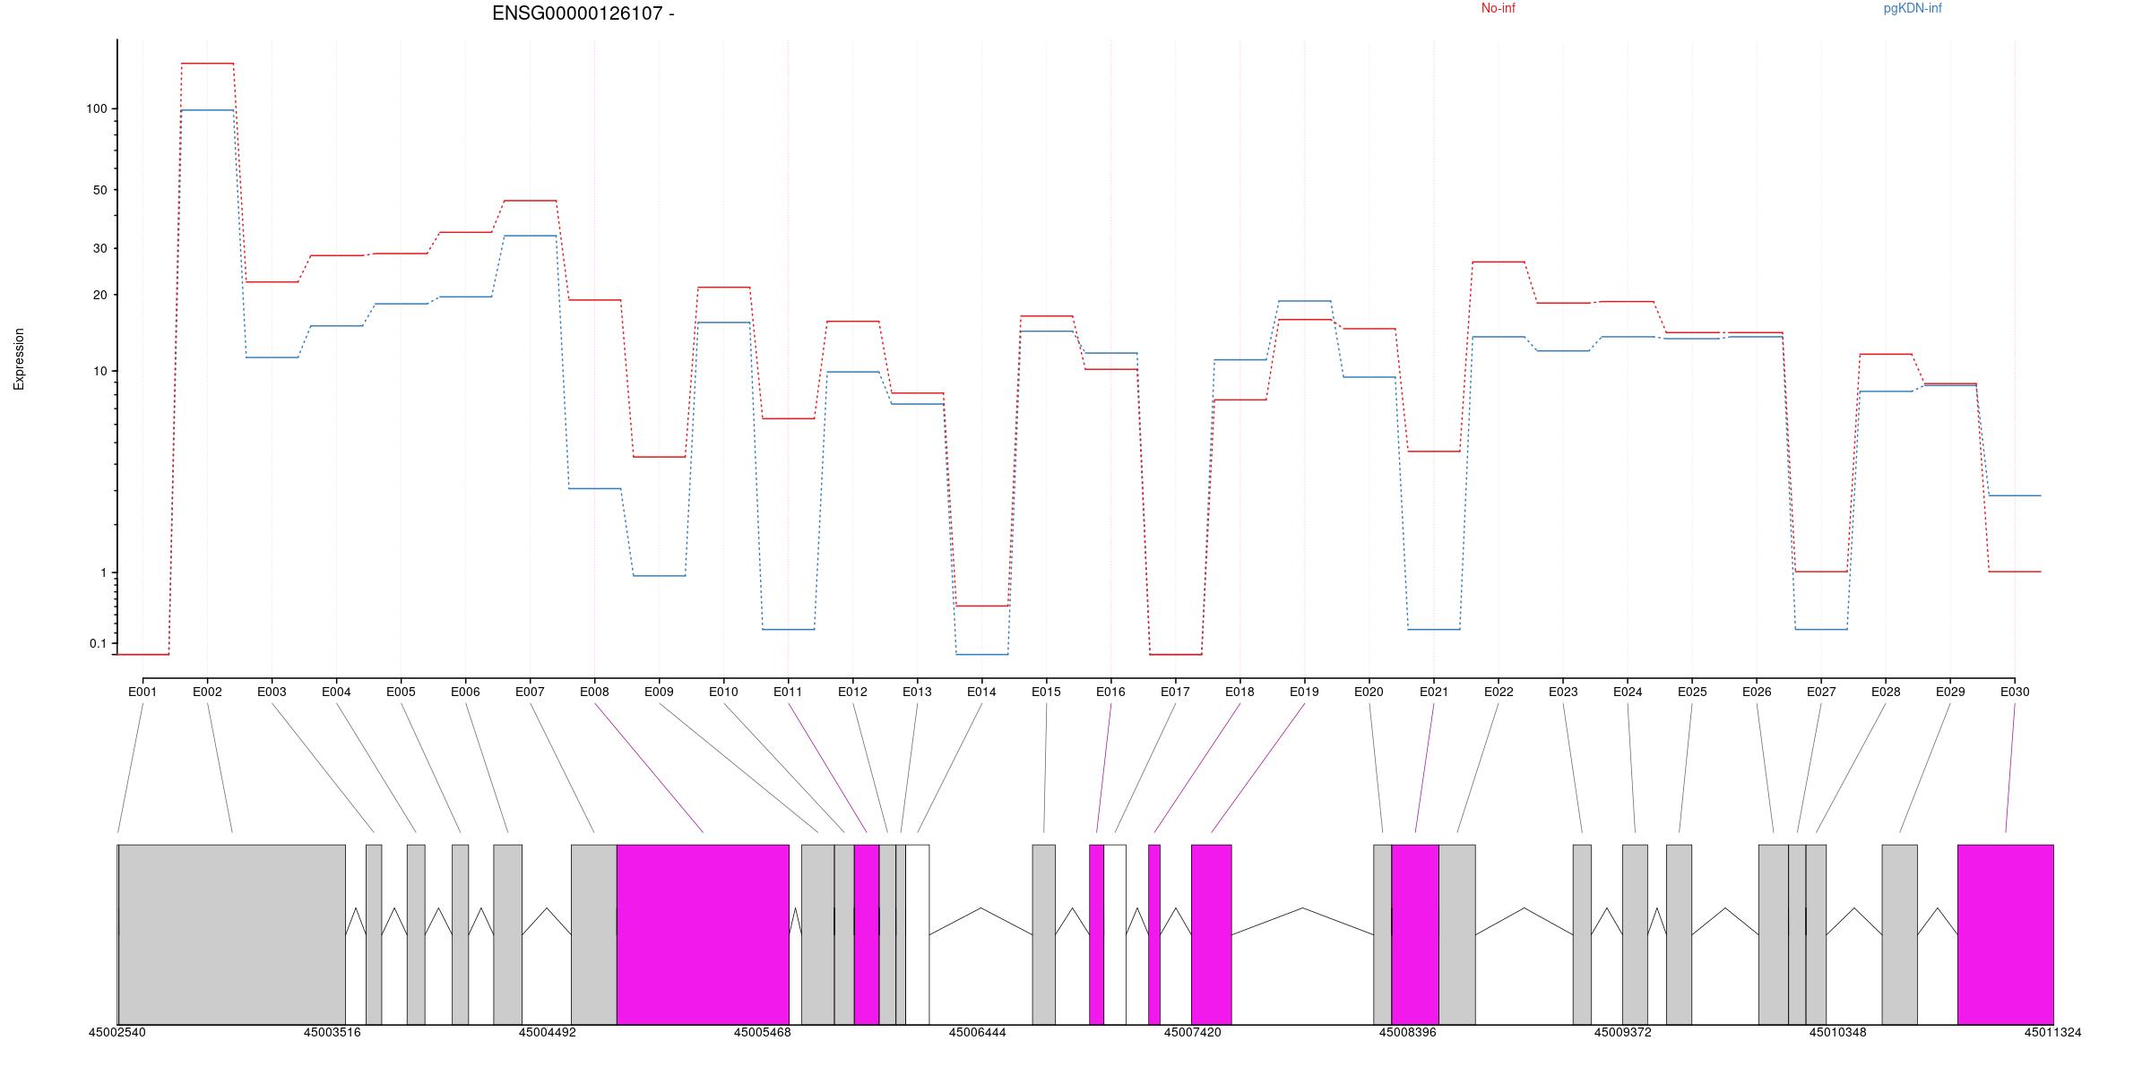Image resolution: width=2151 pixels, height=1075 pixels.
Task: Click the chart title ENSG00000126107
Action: coord(583,13)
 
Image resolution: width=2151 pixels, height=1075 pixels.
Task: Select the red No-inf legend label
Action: coord(1498,9)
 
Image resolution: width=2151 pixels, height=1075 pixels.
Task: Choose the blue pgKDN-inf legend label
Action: coord(1912,9)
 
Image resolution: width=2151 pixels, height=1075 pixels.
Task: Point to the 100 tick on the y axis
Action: coord(97,108)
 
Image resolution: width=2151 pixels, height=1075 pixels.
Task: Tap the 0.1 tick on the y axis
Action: coord(98,643)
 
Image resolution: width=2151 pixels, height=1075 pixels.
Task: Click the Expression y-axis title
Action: coord(19,358)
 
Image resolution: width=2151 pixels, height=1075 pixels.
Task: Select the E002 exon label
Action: coord(207,692)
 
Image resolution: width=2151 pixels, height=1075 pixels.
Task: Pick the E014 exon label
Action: coord(981,692)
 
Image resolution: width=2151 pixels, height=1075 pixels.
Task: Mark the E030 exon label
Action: coord(2015,692)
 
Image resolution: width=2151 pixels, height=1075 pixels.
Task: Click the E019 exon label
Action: coord(1304,692)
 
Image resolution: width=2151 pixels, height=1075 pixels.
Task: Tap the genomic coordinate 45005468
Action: coord(762,1032)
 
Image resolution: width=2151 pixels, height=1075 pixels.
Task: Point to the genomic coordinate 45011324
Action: coord(2052,1032)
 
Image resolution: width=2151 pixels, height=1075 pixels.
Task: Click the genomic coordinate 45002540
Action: coord(117,1032)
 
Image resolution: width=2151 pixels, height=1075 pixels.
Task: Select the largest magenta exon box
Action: coord(703,933)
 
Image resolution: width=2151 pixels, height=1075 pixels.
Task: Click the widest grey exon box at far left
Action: coord(231,933)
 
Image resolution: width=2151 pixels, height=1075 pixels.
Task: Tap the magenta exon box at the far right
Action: coord(2005,933)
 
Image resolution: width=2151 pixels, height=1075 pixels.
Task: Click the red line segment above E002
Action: coord(207,64)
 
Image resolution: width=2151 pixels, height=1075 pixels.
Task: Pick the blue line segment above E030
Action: coord(2015,495)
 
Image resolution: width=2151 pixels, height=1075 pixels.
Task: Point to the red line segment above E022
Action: coord(1498,262)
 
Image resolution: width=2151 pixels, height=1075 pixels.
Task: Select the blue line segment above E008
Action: coord(594,488)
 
